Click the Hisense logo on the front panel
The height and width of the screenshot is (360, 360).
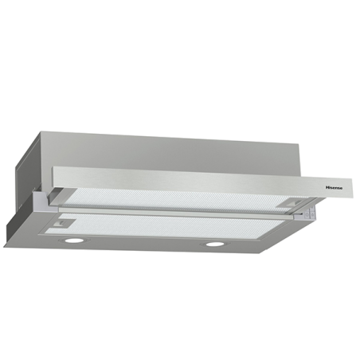tap(334, 188)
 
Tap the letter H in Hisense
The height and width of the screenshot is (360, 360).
tap(327, 188)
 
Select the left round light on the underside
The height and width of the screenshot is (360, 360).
tap(73, 241)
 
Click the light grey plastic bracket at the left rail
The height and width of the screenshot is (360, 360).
tap(41, 197)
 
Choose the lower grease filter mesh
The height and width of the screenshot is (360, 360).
tap(165, 225)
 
